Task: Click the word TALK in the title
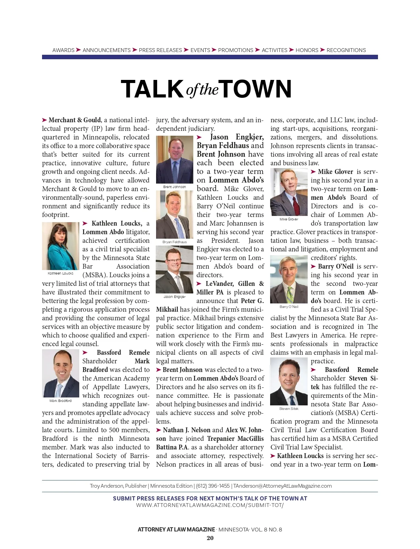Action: (152, 89)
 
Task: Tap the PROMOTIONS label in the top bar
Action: (235, 50)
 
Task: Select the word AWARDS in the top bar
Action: (63, 50)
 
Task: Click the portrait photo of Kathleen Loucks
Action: (61, 246)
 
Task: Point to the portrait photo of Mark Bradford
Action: (61, 373)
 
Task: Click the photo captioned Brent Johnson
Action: (175, 159)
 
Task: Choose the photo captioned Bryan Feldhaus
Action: (175, 215)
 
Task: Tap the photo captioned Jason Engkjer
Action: (175, 269)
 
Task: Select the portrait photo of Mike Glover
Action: (289, 192)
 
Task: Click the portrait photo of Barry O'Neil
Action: (289, 279)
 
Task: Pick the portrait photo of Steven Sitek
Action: (289, 381)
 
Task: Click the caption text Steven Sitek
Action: (289, 409)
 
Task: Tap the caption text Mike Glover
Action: (289, 219)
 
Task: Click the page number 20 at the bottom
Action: (210, 538)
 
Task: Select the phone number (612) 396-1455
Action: (213, 486)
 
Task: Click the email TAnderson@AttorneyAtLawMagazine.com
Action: (283, 486)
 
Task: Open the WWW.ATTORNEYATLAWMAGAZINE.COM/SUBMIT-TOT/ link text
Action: (210, 505)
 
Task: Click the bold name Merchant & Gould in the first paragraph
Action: (75, 120)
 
